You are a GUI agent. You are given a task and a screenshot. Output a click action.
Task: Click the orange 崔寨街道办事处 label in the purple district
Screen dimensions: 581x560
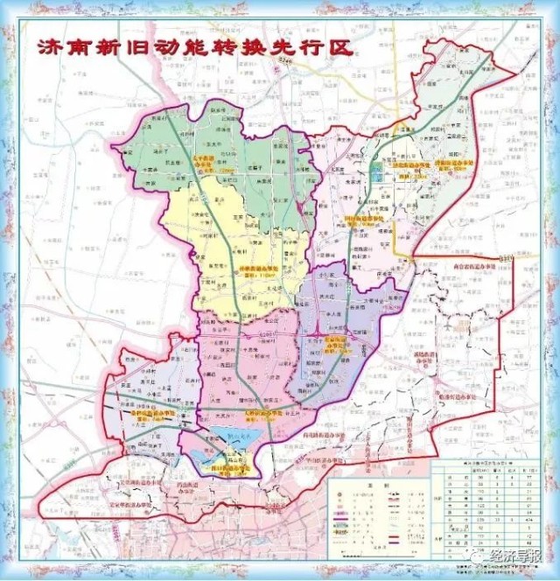[x=338, y=341]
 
